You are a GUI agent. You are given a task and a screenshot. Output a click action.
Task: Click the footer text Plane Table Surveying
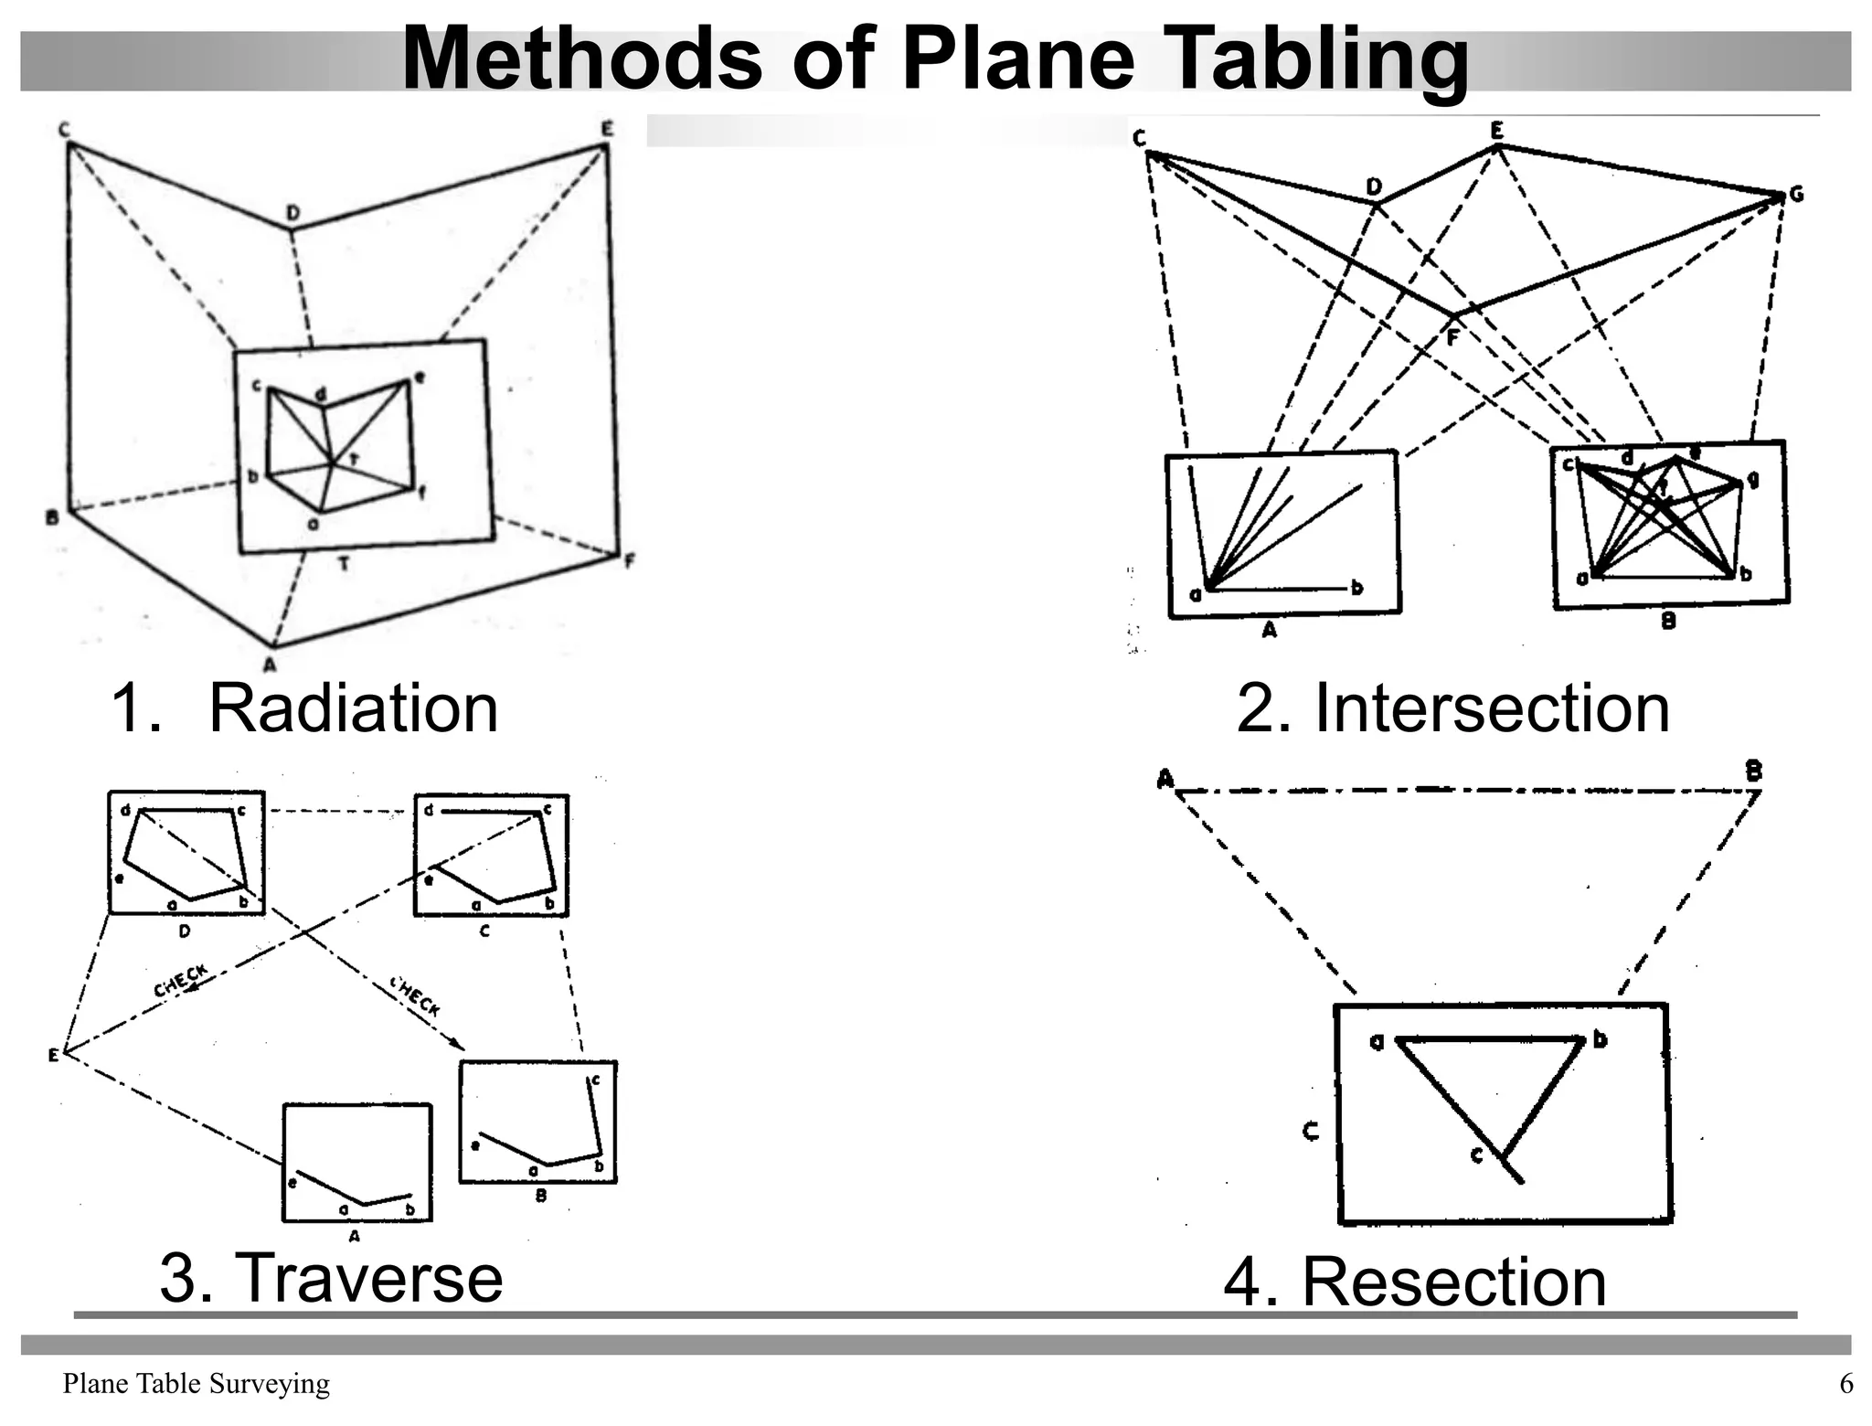click(x=196, y=1384)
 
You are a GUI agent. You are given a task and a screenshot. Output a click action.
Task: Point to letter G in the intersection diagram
click(x=1797, y=195)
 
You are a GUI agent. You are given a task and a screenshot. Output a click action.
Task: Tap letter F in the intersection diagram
click(x=1452, y=339)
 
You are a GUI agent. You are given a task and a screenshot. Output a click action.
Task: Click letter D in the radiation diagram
click(x=292, y=214)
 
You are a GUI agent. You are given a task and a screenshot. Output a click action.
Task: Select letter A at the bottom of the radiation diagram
click(x=270, y=665)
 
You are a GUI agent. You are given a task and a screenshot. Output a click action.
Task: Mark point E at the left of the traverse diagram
click(x=54, y=1056)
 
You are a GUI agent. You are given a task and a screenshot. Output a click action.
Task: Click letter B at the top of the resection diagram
click(x=1753, y=771)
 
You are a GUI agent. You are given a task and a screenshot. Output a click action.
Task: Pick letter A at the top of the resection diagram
click(x=1165, y=779)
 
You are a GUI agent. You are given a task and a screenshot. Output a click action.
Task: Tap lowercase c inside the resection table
click(x=1475, y=1155)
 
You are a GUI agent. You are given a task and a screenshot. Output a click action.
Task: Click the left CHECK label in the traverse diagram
click(x=181, y=980)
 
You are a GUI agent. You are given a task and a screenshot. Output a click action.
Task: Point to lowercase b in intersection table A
click(x=1356, y=588)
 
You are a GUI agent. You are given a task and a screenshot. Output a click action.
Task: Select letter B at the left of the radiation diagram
click(x=52, y=518)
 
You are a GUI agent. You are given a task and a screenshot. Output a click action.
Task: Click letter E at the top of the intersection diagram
click(x=1496, y=131)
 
